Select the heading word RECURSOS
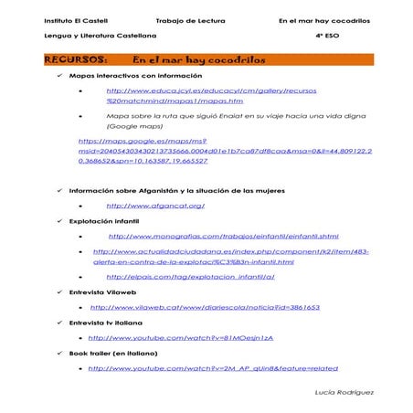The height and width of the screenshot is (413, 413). click(x=67, y=59)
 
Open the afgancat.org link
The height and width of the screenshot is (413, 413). click(x=155, y=206)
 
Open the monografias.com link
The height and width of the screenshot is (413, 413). click(x=210, y=236)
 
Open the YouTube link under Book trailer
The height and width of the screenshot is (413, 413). click(x=212, y=368)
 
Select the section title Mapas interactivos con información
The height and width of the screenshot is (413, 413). click(x=135, y=76)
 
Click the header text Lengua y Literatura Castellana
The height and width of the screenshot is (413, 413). click(x=87, y=36)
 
